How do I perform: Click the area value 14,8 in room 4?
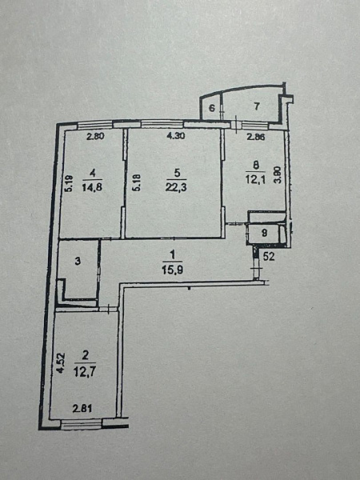click(92, 186)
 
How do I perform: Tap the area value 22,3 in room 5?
click(176, 186)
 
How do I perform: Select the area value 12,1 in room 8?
click(255, 179)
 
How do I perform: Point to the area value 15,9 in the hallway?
click(173, 270)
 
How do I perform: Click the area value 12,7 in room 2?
click(85, 372)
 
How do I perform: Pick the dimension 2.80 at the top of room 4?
click(95, 136)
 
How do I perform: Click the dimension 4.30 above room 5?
click(175, 136)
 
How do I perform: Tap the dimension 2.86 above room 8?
click(256, 137)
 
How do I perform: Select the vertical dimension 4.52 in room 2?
click(62, 362)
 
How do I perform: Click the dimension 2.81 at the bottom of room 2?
click(82, 408)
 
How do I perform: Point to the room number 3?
click(78, 262)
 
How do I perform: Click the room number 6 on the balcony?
click(212, 108)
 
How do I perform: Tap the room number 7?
click(257, 106)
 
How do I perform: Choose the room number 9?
click(265, 234)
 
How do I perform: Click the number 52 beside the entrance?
click(269, 257)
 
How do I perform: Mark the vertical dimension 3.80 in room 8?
click(277, 175)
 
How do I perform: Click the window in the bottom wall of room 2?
click(81, 425)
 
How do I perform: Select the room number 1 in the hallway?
click(172, 254)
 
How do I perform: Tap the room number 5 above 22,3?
click(177, 174)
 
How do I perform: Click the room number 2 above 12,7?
click(86, 355)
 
